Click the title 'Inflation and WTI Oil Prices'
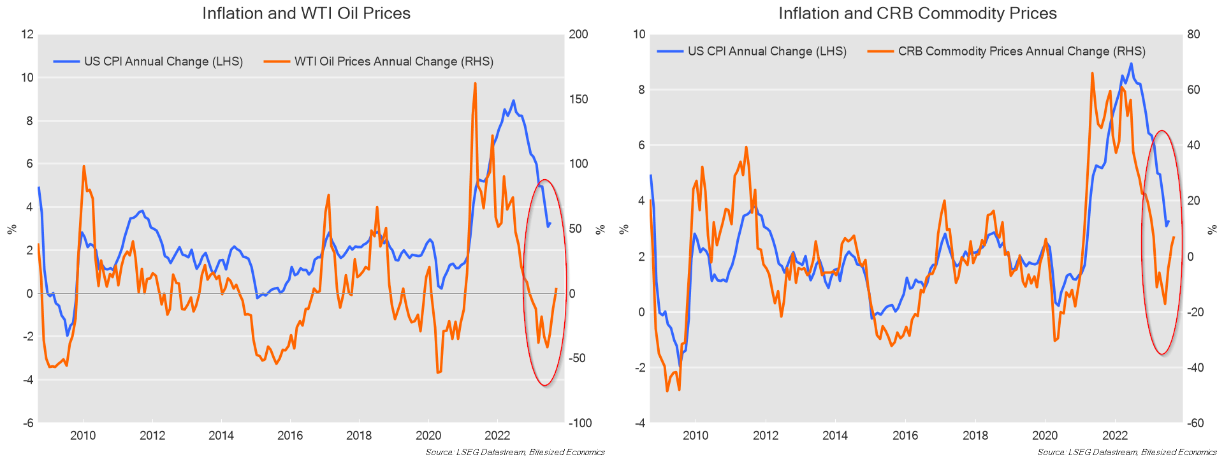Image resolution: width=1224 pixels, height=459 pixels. (306, 13)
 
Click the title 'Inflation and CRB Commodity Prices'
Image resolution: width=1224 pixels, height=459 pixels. (917, 13)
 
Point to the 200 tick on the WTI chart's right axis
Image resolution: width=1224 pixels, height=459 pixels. (578, 34)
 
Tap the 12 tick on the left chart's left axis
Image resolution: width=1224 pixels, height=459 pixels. (27, 34)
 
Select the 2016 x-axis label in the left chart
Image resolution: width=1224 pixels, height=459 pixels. (290, 436)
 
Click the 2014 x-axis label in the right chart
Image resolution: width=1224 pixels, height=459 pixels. (835, 436)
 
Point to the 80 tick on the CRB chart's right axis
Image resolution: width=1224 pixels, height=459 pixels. (1193, 34)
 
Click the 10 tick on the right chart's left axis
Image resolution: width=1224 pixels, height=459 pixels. (639, 34)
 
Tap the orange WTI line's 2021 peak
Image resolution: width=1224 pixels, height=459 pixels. (475, 84)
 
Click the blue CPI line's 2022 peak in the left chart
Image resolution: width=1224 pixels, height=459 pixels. (513, 101)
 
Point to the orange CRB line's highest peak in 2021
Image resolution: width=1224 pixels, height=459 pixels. (1092, 73)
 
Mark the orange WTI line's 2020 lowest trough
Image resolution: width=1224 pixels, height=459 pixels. (438, 372)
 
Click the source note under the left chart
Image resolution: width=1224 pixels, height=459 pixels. (515, 453)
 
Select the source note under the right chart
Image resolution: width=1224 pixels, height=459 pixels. (1126, 453)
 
